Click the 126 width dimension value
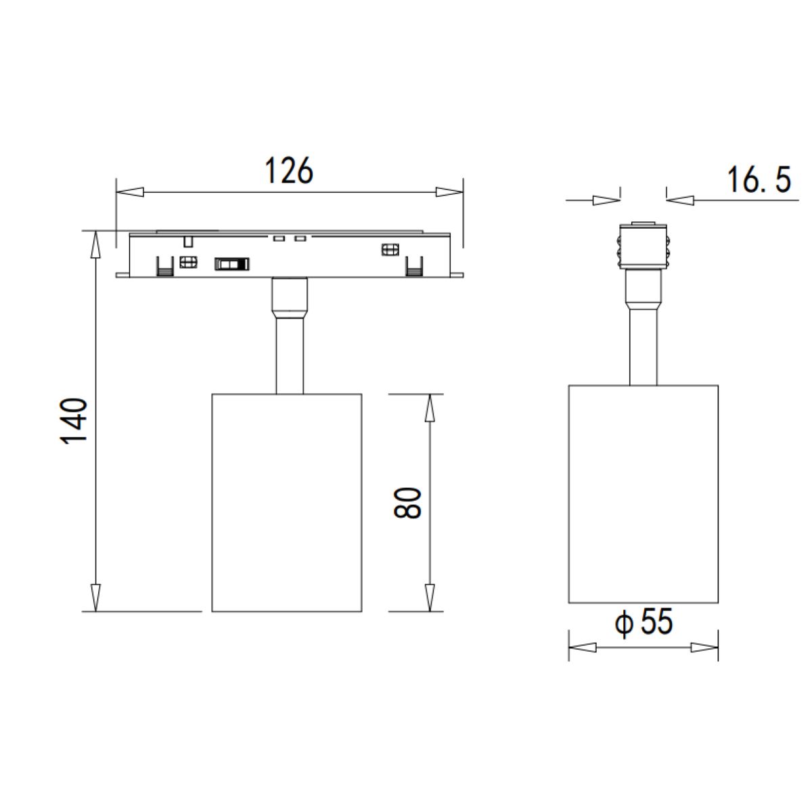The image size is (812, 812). coord(289,171)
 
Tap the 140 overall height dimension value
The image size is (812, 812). coord(75,421)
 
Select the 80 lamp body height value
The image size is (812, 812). coord(409,502)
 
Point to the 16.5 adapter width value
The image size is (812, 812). coord(759,181)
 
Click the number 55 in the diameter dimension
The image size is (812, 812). coord(656,623)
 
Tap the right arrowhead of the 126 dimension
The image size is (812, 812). coord(446,192)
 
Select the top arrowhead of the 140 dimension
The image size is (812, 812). coord(96,244)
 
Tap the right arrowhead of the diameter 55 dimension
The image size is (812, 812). coord(704,648)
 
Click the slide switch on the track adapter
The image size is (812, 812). coord(231,264)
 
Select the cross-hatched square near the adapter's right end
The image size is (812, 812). coord(390,250)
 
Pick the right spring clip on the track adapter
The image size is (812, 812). coord(413,267)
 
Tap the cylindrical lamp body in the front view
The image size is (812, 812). coord(286,502)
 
